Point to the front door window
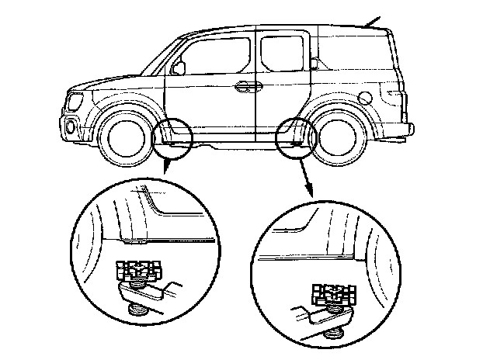pos(214,57)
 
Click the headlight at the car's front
pos(75,101)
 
